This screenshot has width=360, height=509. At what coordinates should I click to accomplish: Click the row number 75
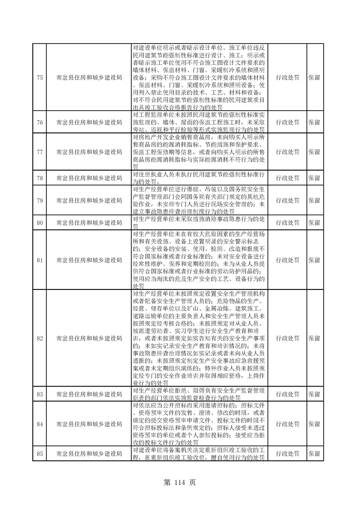(39, 78)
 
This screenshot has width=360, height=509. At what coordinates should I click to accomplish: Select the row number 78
(39, 178)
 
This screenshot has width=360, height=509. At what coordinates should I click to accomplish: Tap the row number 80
(39, 222)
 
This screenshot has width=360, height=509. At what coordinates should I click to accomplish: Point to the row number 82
(39, 338)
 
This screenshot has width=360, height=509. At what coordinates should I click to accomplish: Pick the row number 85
(39, 453)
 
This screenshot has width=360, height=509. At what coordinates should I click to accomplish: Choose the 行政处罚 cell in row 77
(287, 150)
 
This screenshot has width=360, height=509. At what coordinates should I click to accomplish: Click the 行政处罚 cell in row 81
(287, 260)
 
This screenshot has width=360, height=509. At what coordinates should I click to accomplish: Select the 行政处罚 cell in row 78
(287, 178)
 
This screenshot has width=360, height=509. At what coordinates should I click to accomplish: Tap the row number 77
(39, 150)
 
